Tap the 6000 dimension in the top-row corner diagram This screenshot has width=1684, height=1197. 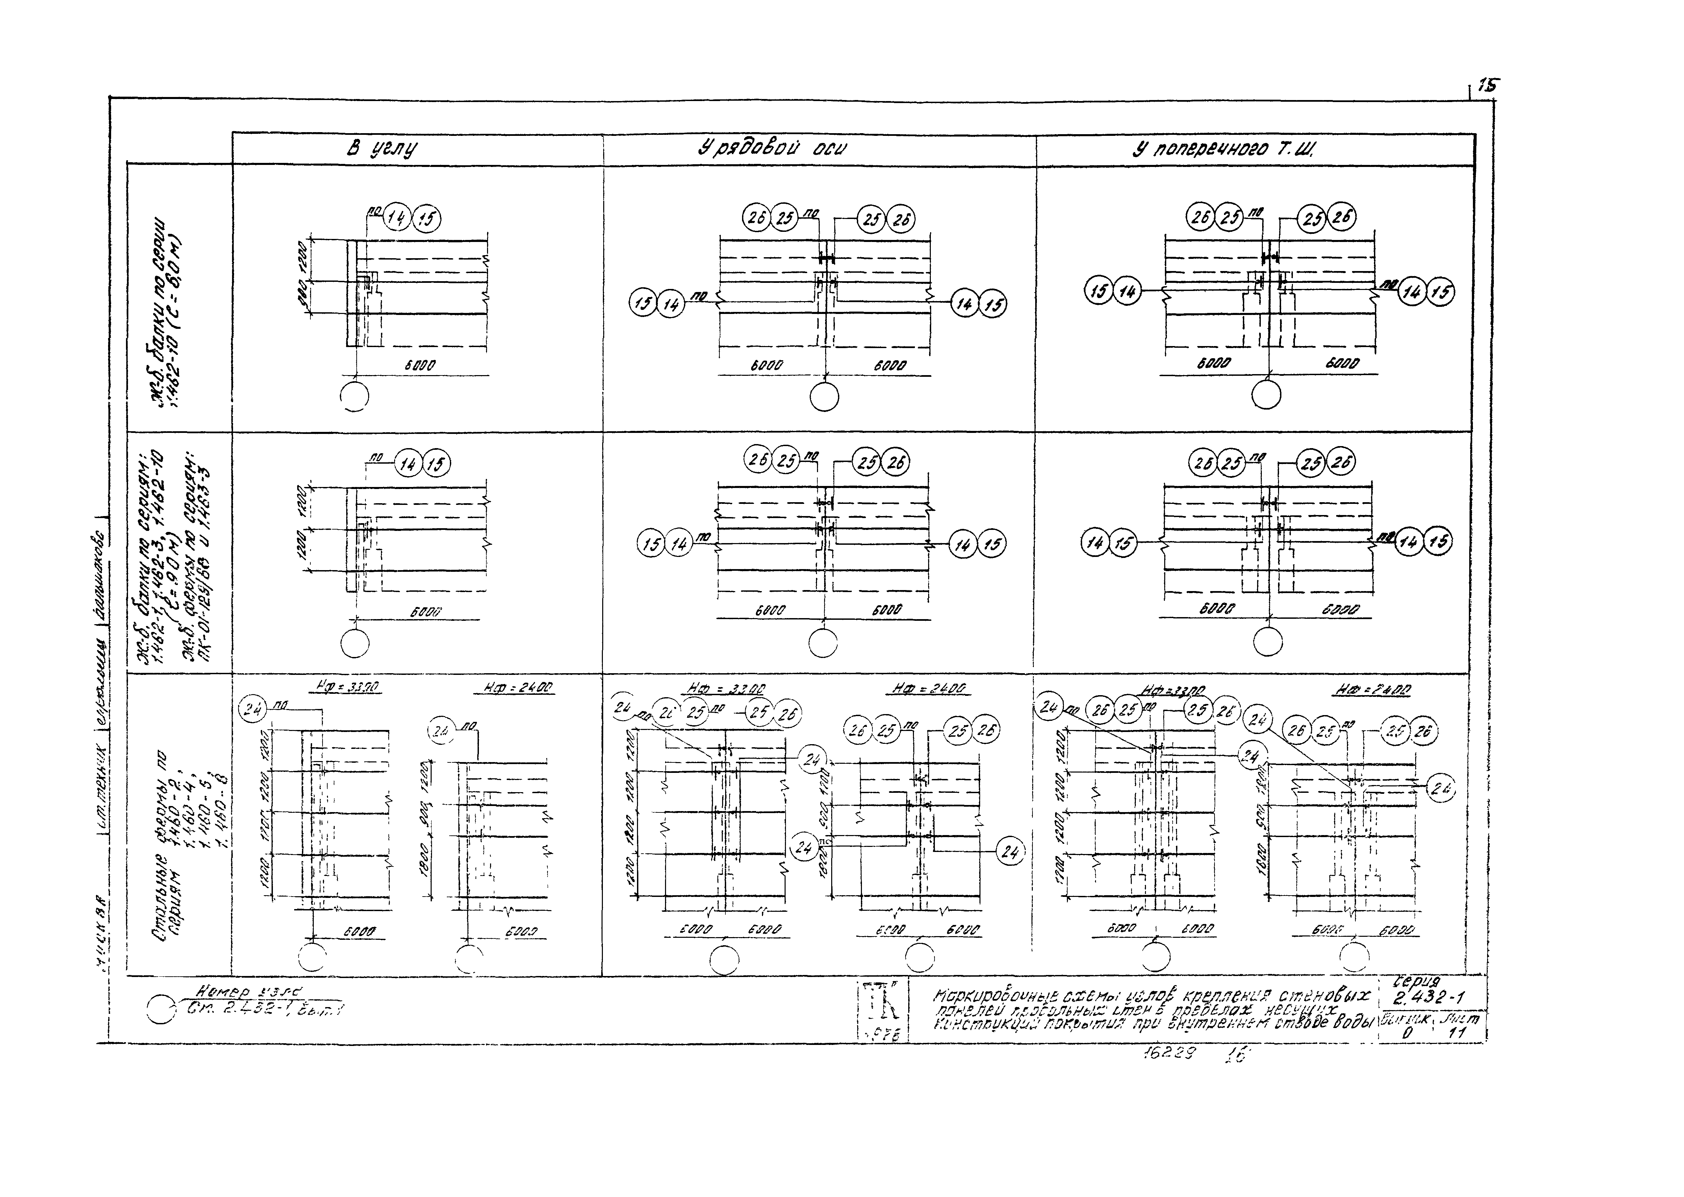pyautogui.click(x=420, y=365)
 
